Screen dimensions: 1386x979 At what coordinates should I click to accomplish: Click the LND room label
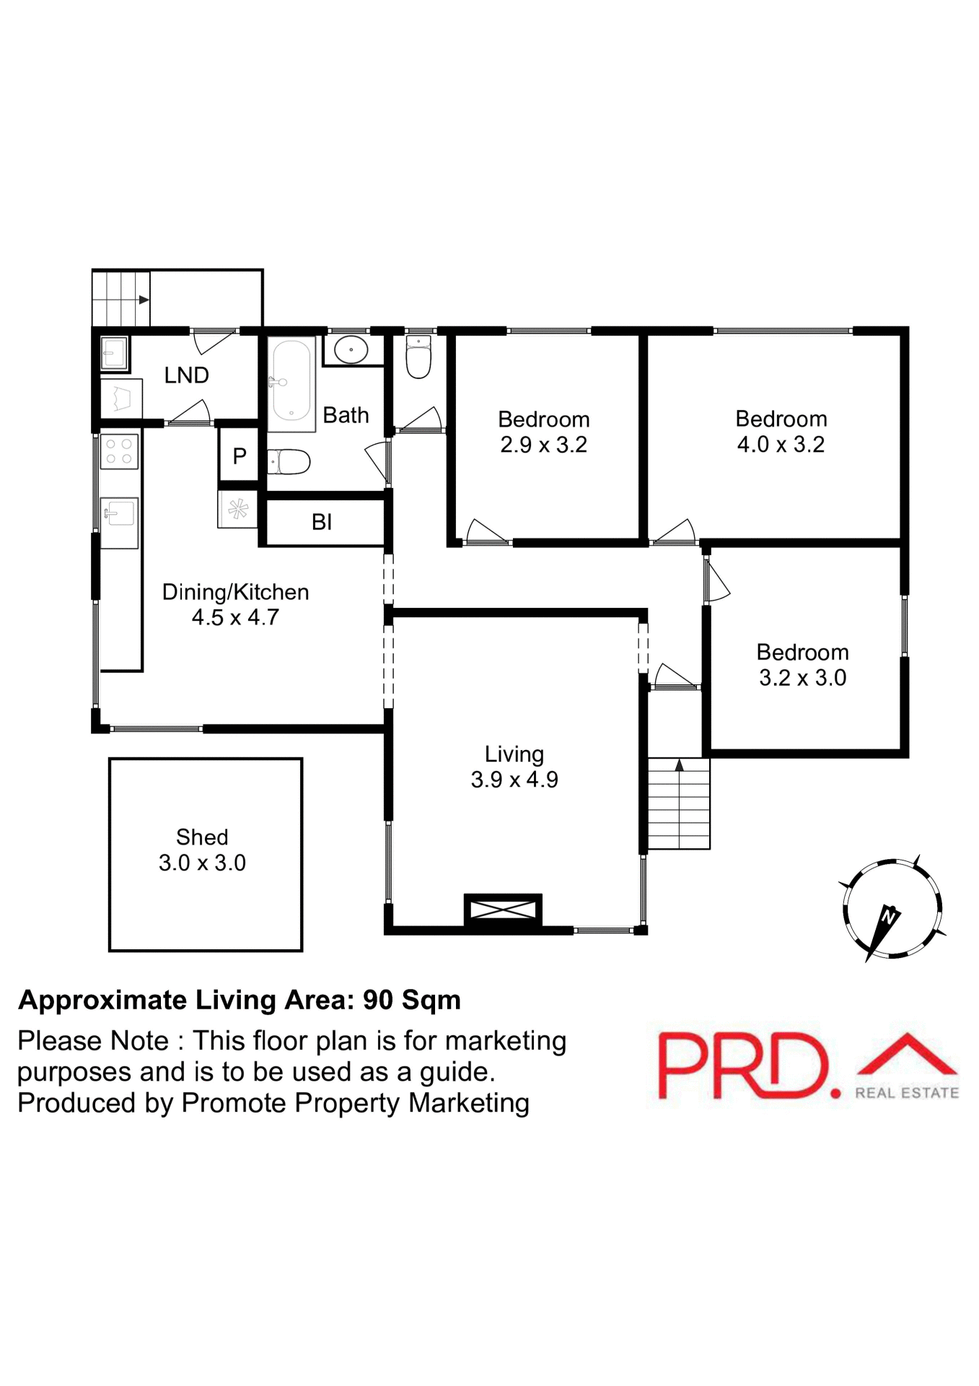click(186, 375)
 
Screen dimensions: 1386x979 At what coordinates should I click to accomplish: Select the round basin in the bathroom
click(351, 350)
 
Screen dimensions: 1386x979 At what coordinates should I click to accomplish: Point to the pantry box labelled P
click(240, 456)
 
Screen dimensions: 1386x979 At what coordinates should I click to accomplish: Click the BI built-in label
click(322, 522)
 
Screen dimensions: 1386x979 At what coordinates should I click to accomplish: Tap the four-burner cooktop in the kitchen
click(119, 451)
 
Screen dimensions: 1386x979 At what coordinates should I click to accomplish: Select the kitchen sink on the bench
click(118, 514)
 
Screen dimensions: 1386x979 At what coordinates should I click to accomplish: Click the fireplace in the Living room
click(503, 909)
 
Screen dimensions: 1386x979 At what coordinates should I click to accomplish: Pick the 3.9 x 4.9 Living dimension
click(514, 780)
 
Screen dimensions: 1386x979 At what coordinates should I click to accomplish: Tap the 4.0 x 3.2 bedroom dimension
click(781, 445)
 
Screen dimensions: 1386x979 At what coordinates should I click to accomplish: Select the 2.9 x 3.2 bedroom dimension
click(543, 445)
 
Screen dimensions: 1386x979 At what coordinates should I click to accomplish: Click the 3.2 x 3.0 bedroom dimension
click(802, 678)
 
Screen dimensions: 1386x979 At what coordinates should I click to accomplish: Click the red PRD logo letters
click(743, 1065)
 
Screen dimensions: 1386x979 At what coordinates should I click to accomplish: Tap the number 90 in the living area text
click(378, 1000)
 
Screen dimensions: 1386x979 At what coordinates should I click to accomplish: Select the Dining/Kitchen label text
click(235, 592)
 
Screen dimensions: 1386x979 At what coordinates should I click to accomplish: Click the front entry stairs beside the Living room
click(679, 803)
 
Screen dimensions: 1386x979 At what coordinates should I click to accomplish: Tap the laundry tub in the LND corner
click(114, 353)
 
